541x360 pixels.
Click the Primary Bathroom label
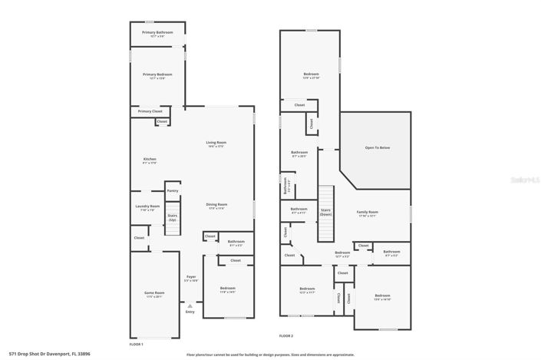pos(157,32)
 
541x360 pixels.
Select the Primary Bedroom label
pos(157,74)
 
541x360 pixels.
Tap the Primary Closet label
pos(150,111)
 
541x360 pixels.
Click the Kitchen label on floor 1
pos(150,160)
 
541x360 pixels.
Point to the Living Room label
pos(216,143)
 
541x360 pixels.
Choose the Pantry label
pos(173,190)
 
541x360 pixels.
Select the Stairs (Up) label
pos(173,218)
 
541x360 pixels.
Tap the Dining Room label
pos(216,205)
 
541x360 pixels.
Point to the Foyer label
pos(190,277)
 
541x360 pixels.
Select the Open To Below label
pos(377,147)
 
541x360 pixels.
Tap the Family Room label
pos(368,213)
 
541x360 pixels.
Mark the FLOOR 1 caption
pos(137,345)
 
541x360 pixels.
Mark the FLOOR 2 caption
pos(285,335)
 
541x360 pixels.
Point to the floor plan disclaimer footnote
pos(270,355)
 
